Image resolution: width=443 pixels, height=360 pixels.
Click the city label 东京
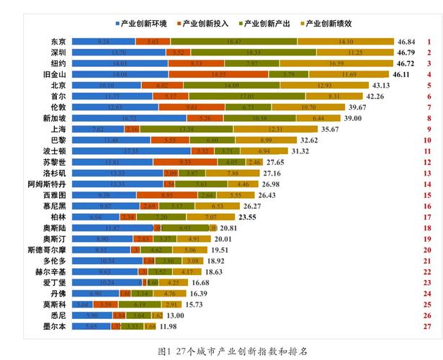[58, 42]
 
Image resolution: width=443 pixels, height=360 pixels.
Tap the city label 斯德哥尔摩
[46, 250]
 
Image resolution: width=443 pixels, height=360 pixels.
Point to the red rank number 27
[429, 326]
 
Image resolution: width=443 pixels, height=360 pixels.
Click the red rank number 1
[429, 42]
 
